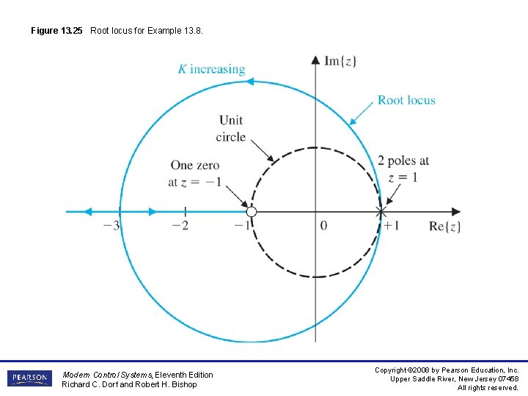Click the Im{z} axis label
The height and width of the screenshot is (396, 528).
coord(340,61)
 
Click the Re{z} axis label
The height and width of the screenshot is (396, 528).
coord(445,226)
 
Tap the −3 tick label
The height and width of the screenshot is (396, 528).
coord(111,226)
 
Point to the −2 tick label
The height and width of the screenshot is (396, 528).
coord(179,226)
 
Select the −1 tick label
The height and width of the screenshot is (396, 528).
coord(242,226)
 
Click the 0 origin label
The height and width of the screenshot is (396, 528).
coord(323,226)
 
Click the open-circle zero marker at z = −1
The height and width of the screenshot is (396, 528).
coord(252,212)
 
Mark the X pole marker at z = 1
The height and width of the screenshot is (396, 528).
coord(381,212)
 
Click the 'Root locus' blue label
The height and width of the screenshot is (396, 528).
coord(406,100)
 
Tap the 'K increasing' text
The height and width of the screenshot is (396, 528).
coord(211,70)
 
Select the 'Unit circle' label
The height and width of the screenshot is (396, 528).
coord(231,128)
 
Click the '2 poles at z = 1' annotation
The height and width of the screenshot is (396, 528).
coord(403,169)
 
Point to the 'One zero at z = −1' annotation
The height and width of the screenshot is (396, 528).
coord(194,174)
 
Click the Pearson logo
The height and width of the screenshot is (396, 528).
coord(29,378)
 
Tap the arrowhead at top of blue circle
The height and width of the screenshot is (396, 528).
coord(249,82)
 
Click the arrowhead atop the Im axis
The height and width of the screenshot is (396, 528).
coord(315,58)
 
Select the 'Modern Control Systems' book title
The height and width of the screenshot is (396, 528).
coord(106,375)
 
